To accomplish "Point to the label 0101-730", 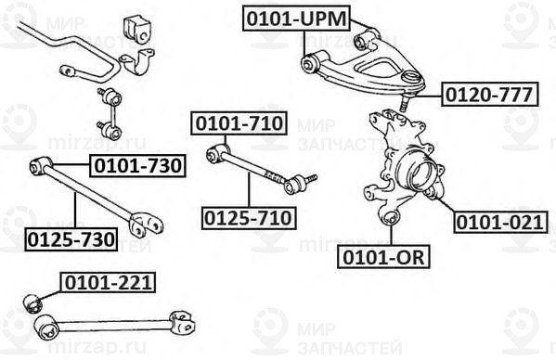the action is tap(136, 166).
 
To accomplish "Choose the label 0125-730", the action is tap(71, 239).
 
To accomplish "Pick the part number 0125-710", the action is tap(249, 218).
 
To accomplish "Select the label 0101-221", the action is tap(108, 281).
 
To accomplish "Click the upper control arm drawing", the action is tap(357, 59).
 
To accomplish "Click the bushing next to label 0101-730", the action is tap(39, 165).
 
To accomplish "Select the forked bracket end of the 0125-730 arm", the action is tap(145, 225).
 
